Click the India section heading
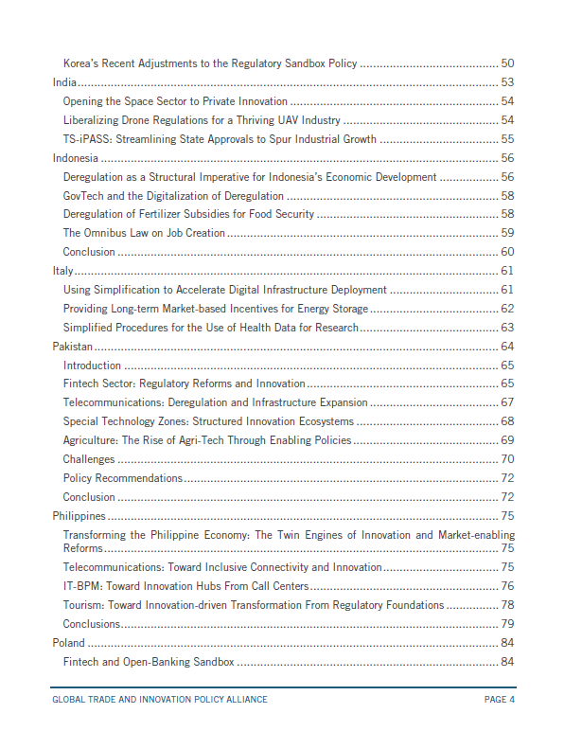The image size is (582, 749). point(63,82)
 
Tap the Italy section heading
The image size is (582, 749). point(62,271)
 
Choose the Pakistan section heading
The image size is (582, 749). point(73,347)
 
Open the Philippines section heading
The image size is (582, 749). point(79,516)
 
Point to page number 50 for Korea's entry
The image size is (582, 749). point(507,63)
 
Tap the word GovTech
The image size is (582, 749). point(83,195)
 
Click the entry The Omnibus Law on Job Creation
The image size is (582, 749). point(144,233)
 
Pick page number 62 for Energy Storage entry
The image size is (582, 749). point(507,309)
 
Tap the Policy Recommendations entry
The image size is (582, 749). point(122,478)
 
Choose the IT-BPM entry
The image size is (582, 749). point(185,586)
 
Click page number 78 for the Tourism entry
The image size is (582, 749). point(507,605)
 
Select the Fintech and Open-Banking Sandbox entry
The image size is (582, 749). point(148,661)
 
